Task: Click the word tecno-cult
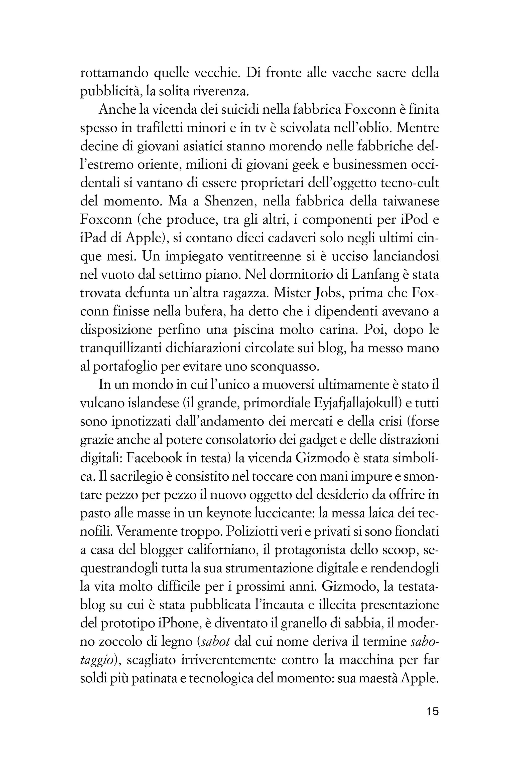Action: [x=410, y=183]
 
